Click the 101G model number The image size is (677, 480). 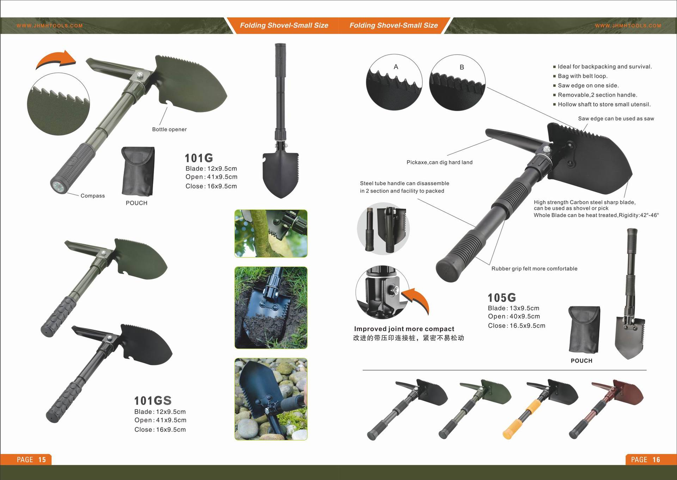pos(199,158)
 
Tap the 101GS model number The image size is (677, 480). pos(153,401)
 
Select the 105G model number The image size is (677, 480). pos(502,298)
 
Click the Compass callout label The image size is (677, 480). pos(93,196)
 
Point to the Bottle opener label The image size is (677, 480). pos(169,129)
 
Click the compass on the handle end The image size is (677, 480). pos(57,187)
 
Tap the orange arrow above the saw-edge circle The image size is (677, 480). pos(56,60)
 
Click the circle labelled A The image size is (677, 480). pos(394,82)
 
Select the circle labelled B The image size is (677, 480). pos(457,83)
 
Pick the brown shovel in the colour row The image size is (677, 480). pos(606,408)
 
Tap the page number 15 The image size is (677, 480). pos(42,460)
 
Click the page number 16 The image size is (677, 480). pos(656,460)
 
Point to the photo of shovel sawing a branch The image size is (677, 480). pos(271,233)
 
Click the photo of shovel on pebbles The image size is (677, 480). pos(271,399)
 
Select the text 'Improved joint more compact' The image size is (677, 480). pos(404,329)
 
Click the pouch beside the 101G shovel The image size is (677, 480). pos(138,171)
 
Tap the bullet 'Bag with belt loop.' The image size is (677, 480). pos(583,76)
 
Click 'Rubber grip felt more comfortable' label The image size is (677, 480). pos(535,269)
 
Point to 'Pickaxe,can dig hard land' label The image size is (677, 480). pos(439,162)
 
